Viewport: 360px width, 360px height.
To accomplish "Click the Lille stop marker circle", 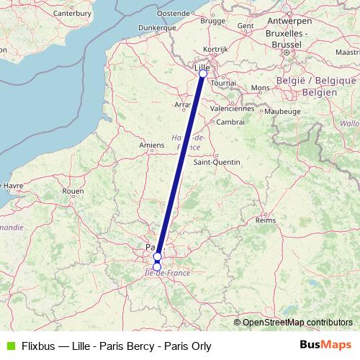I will tap(202, 73).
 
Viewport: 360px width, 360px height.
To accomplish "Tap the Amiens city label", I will tap(152, 145).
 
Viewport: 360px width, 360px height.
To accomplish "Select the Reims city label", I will tap(266, 220).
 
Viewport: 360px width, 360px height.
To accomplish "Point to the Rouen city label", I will tap(73, 191).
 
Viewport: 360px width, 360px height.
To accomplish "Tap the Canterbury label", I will tap(72, 13).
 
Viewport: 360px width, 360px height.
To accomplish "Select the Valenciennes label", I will tap(232, 109).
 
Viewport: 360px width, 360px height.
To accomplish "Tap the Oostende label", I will tap(174, 13).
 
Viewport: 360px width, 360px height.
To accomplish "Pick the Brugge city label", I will tap(213, 21).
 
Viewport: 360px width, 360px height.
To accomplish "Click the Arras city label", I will tap(183, 104).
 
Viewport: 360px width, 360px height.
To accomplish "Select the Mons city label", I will tap(259, 88).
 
